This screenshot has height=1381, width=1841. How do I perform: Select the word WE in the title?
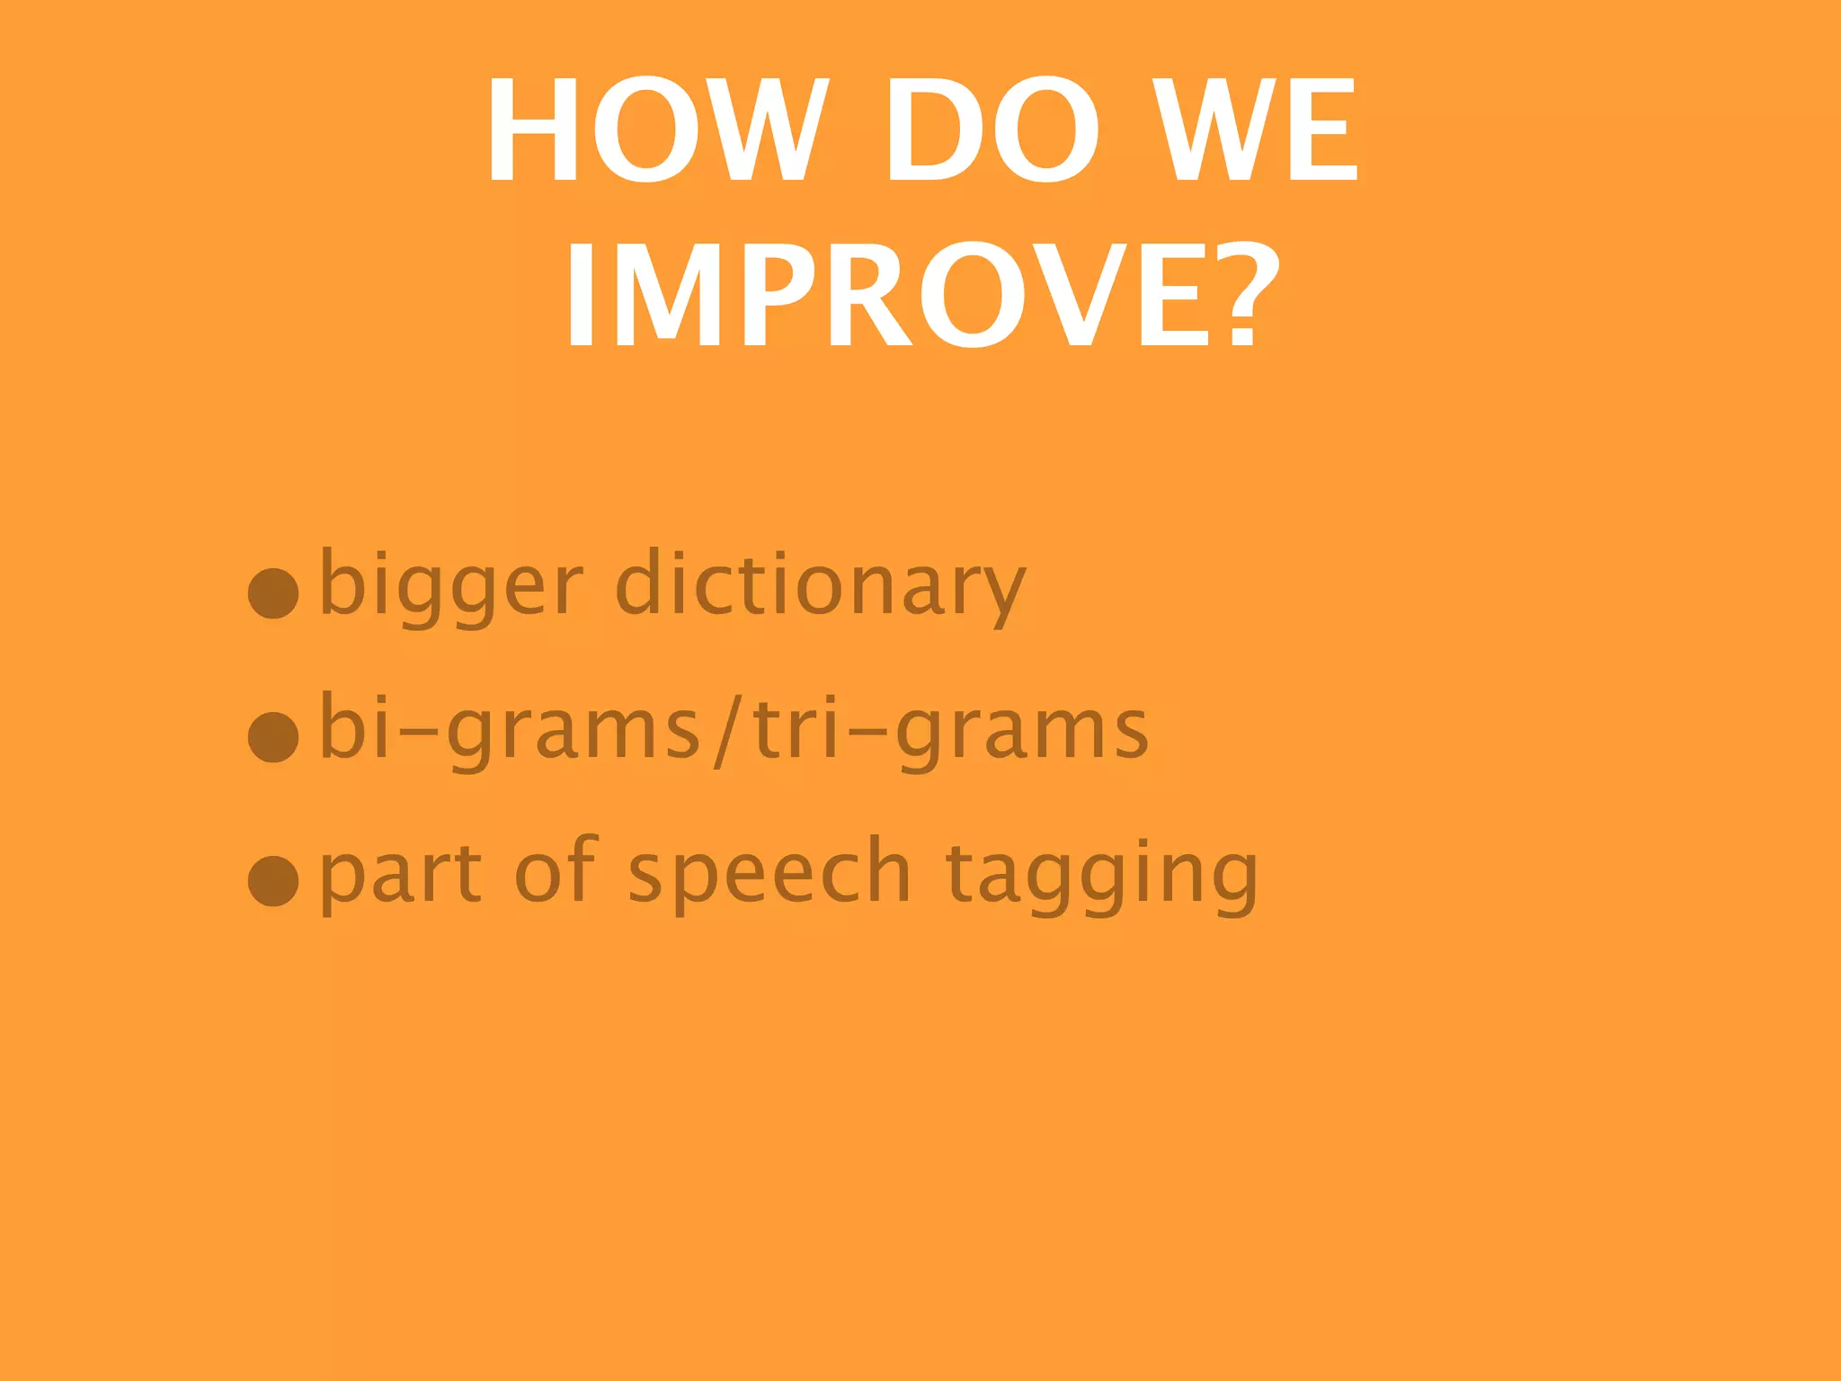click(1255, 129)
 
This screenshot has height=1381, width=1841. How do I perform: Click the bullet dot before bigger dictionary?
click(273, 593)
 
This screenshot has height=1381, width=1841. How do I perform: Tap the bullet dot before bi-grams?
click(273, 736)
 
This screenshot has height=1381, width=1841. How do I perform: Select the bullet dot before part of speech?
click(273, 880)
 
